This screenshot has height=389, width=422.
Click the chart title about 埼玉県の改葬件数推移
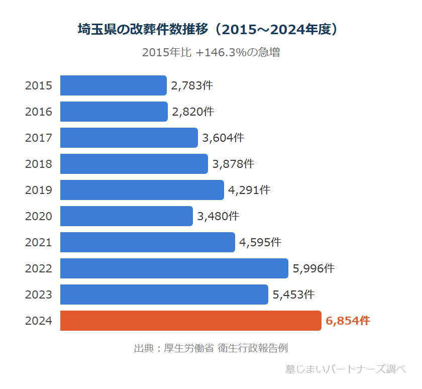click(210, 29)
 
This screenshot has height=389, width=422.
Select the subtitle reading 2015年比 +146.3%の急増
click(210, 52)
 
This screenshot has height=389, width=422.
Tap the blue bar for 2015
click(114, 85)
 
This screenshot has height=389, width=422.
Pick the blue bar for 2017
click(129, 138)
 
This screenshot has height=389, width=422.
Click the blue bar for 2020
click(127, 216)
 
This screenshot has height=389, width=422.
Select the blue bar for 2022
click(174, 268)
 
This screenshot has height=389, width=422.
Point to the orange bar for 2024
click(191, 321)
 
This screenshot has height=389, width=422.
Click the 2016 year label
click(39, 112)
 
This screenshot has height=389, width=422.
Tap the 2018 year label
click(39, 164)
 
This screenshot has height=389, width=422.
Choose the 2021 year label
click(39, 242)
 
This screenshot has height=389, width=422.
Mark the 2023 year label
click(39, 295)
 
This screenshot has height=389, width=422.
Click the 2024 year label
click(39, 321)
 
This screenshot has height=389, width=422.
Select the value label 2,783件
click(192, 85)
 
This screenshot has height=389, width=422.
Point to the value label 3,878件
click(233, 164)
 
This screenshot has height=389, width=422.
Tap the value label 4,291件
click(249, 190)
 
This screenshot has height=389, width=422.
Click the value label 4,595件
click(260, 242)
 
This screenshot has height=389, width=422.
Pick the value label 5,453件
click(293, 295)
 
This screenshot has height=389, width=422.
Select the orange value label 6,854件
click(348, 321)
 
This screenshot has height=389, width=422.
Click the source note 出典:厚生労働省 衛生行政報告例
click(210, 348)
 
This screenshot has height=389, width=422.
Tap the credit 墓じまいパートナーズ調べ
click(345, 369)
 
